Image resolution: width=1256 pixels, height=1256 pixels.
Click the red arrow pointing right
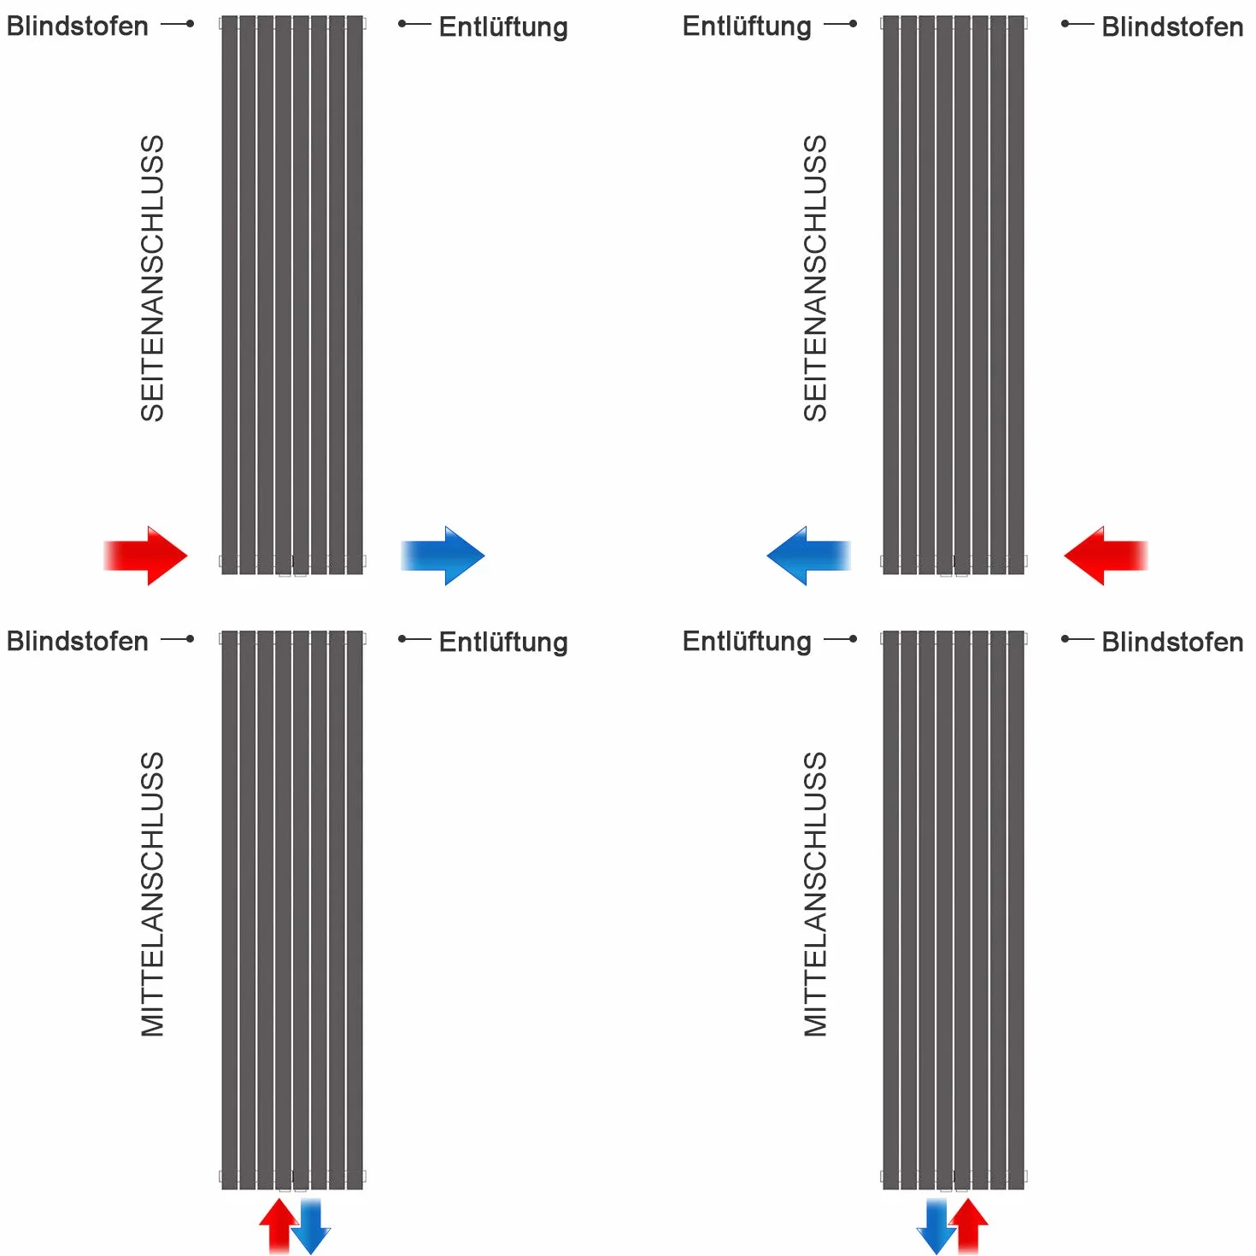(x=145, y=555)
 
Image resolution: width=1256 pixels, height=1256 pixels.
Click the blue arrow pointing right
(x=443, y=555)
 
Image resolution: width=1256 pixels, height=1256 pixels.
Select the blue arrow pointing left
(x=809, y=555)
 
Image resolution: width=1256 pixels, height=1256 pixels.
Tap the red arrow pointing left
(x=1106, y=555)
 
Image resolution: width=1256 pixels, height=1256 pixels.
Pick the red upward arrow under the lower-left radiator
(x=279, y=1225)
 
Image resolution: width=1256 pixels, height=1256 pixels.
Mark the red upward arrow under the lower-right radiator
(x=969, y=1225)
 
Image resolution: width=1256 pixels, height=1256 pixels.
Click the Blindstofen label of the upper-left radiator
(x=78, y=26)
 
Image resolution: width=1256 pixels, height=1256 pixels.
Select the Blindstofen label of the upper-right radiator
(x=1172, y=26)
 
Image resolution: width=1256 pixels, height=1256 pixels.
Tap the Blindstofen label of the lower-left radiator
(x=78, y=642)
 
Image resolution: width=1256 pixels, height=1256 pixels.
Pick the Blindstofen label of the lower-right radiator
(x=1172, y=642)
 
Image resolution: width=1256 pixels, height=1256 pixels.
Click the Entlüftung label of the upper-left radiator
(x=503, y=27)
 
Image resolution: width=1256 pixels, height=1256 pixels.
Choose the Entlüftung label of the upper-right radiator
(x=747, y=26)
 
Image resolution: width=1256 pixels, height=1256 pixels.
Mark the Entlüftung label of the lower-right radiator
(x=747, y=642)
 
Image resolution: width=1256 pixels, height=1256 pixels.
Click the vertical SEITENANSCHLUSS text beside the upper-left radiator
(x=153, y=279)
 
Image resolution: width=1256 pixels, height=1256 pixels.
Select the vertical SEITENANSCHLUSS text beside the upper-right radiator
(x=815, y=279)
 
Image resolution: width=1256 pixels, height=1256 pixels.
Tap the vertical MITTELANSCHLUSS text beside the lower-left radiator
(x=153, y=895)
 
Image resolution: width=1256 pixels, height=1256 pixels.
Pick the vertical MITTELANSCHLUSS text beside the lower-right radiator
(x=815, y=895)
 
